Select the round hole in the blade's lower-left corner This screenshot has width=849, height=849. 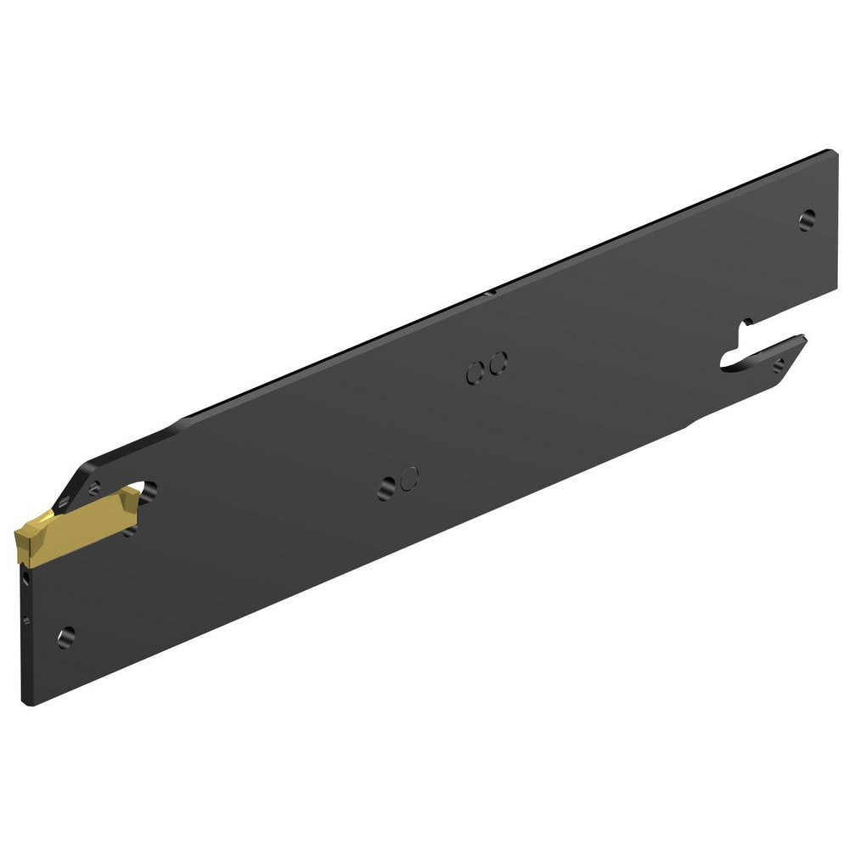65,635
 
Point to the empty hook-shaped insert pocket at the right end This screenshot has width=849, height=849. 739,348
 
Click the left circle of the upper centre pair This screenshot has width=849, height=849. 475,370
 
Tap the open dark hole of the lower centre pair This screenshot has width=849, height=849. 388,486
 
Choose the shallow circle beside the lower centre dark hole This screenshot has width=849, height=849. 409,477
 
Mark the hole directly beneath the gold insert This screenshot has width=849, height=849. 129,532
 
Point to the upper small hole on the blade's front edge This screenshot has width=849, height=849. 27,579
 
